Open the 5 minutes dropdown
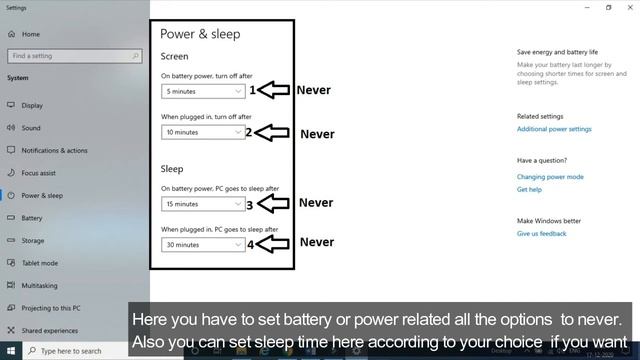[203, 91]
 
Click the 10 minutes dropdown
[203, 132]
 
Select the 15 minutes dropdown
[203, 204]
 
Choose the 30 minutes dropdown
[203, 245]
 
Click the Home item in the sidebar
[30, 33]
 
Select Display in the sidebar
[32, 105]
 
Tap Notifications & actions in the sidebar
[54, 150]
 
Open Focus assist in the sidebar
[38, 173]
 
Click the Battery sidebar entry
[32, 218]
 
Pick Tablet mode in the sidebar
[40, 263]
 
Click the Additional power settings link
[554, 129]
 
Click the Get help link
[529, 189]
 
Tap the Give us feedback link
[541, 233]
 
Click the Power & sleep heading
[200, 33]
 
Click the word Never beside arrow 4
[316, 242]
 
